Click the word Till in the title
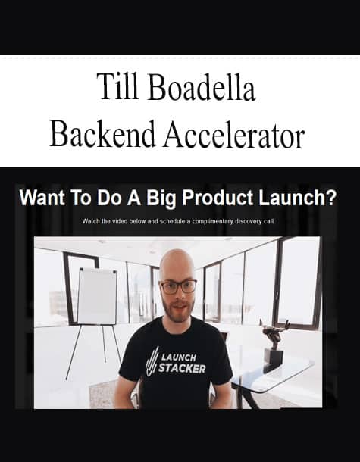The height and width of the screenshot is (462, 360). click(117, 87)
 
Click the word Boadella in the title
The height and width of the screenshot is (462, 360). click(202, 87)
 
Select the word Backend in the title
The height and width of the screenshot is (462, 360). click(102, 134)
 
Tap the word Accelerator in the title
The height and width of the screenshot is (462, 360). click(234, 134)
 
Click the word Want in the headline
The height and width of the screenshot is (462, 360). click(42, 198)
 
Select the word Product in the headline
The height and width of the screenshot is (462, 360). click(218, 198)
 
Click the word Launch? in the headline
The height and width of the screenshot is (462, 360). click(298, 198)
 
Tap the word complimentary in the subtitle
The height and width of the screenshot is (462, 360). click(212, 221)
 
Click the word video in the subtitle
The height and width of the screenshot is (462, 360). click(120, 221)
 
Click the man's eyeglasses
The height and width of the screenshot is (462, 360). click(178, 287)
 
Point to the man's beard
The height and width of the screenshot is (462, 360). click(177, 309)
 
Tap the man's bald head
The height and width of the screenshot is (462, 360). click(177, 262)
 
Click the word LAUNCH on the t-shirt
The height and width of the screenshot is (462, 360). click(178, 357)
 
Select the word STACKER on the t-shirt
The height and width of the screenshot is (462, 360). click(182, 369)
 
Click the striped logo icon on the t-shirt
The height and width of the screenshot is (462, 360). click(152, 362)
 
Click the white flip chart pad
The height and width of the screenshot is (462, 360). click(97, 296)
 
